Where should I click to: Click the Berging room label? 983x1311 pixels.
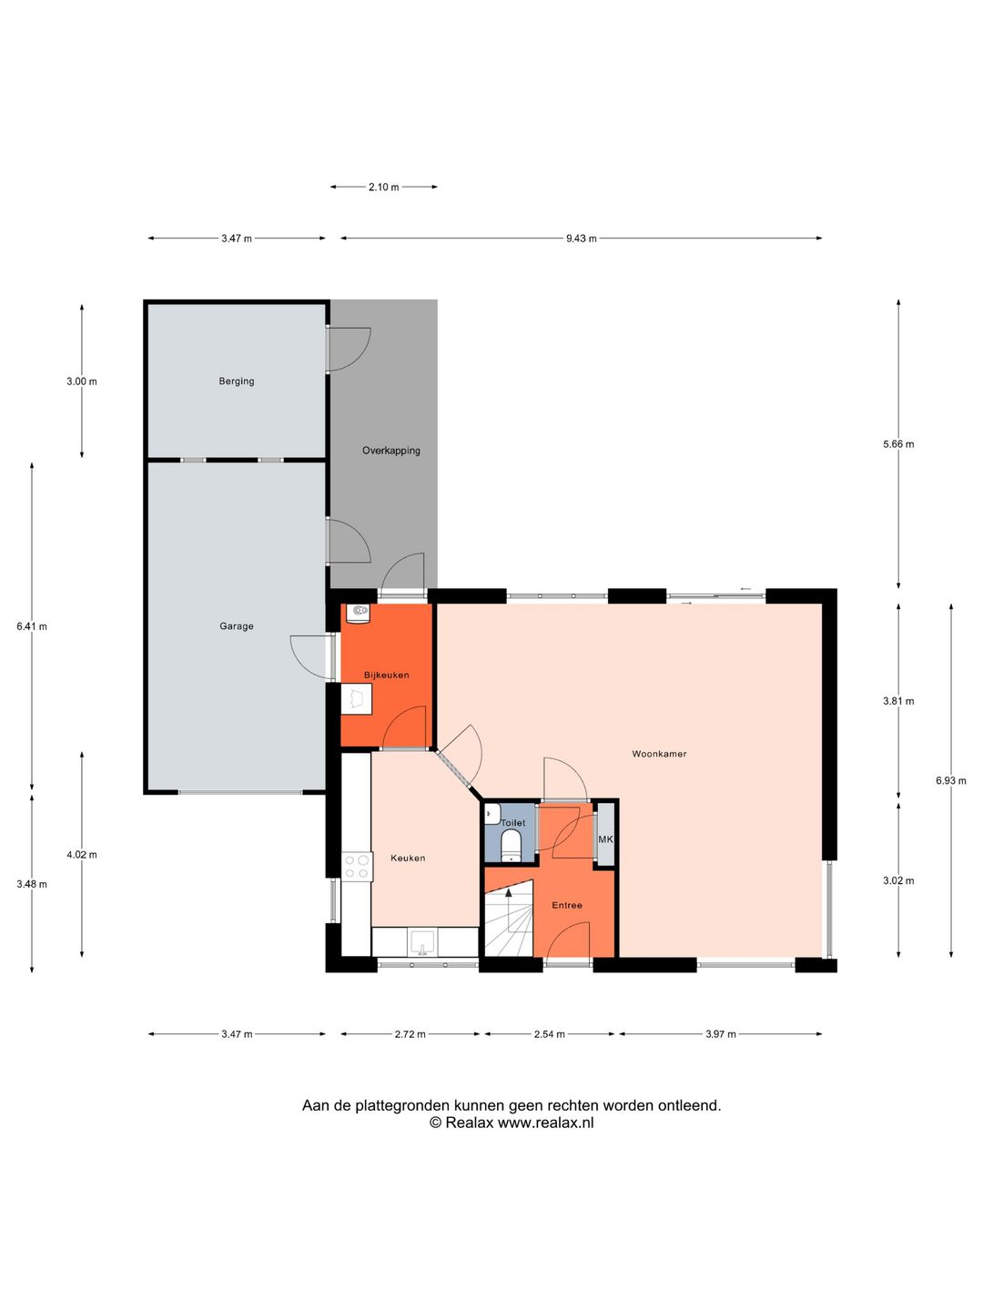[x=236, y=381]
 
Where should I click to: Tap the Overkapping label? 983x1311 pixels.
[x=391, y=451]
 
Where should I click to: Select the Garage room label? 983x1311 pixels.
[x=236, y=626]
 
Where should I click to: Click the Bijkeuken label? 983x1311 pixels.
[x=386, y=676]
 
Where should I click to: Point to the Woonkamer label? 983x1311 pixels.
[x=659, y=754]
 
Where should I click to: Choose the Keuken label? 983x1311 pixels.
[x=408, y=858]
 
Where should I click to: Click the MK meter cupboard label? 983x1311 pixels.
[x=605, y=839]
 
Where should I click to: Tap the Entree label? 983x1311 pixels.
[x=567, y=905]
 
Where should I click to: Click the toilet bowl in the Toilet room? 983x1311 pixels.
[x=512, y=844]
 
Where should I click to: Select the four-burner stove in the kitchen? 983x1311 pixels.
[x=356, y=866]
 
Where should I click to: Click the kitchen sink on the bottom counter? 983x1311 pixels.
[x=422, y=941]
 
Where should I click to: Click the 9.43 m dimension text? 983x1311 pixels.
[x=581, y=239]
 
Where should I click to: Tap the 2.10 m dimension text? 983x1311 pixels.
[x=383, y=188]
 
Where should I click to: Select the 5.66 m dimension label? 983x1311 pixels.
[x=898, y=444]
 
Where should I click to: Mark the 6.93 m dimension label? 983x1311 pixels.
[x=951, y=780]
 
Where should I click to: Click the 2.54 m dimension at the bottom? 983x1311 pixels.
[x=549, y=1034]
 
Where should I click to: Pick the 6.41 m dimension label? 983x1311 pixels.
[x=32, y=626]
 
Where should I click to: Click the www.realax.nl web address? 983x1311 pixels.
[x=545, y=1123]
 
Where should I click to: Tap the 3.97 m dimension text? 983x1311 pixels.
[x=720, y=1034]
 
